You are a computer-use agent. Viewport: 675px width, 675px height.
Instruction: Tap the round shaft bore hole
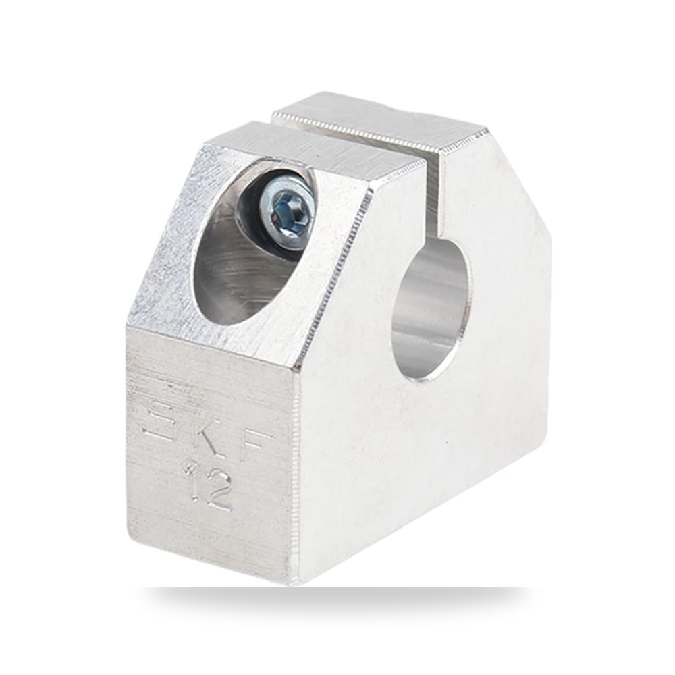(431, 308)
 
